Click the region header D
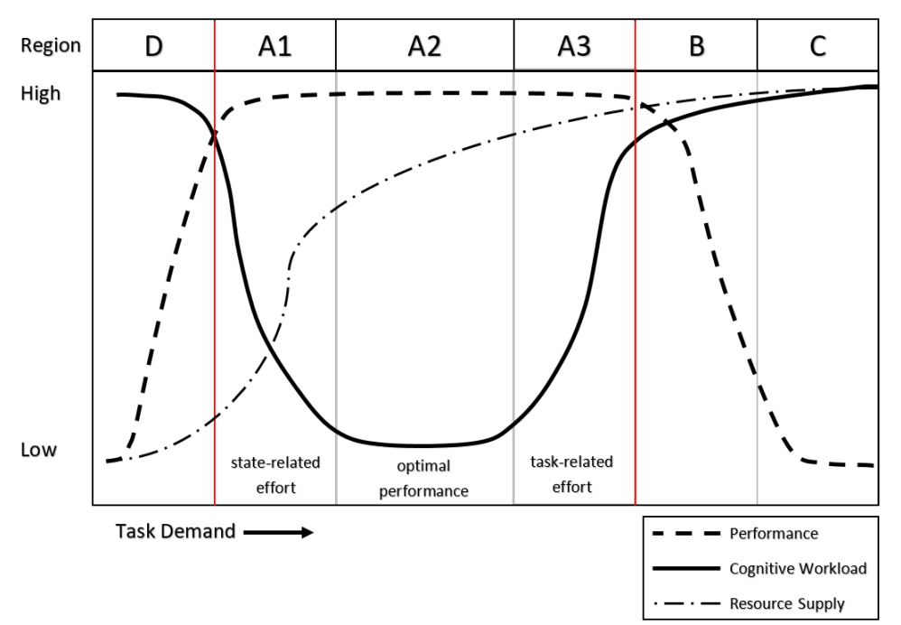pyautogui.click(x=153, y=45)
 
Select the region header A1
pyautogui.click(x=274, y=45)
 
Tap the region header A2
pyautogui.click(x=424, y=45)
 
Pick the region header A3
pyautogui.click(x=574, y=45)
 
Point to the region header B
pyautogui.click(x=696, y=45)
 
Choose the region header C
pyautogui.click(x=817, y=45)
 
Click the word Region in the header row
pyautogui.click(x=51, y=45)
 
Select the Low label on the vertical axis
pyautogui.click(x=38, y=449)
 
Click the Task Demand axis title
pyautogui.click(x=174, y=531)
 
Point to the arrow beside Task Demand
pyautogui.click(x=278, y=532)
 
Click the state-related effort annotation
pyautogui.click(x=275, y=475)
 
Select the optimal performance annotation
pyautogui.click(x=424, y=479)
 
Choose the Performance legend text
pyautogui.click(x=774, y=534)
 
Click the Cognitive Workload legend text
pyautogui.click(x=798, y=568)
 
